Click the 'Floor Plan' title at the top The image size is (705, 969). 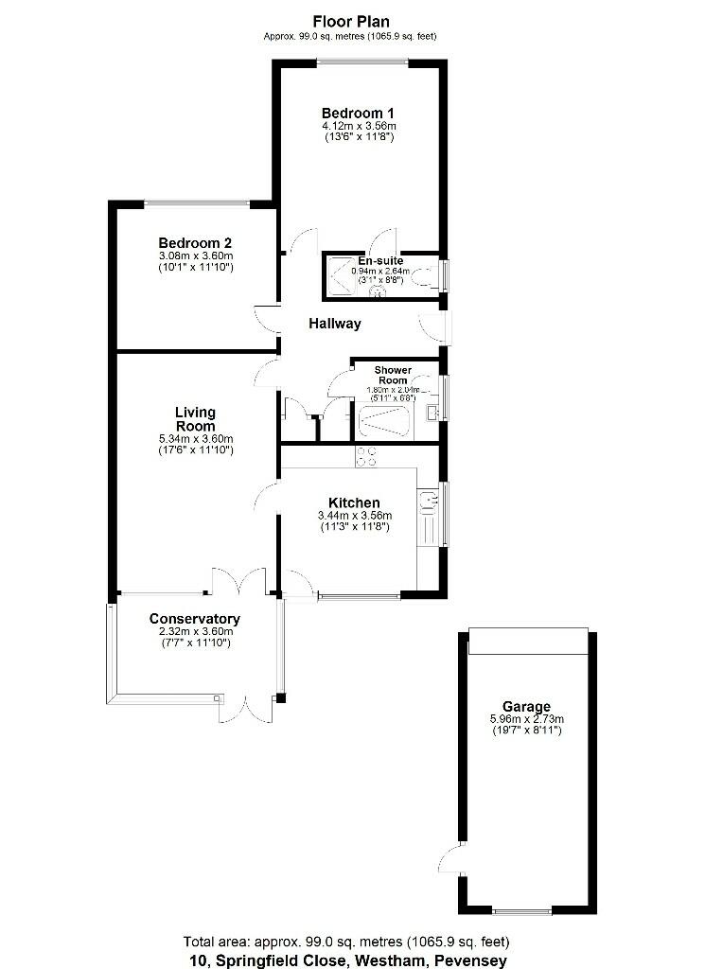[x=351, y=20]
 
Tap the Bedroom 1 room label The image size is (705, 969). [x=358, y=112]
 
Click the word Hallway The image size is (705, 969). [x=335, y=324]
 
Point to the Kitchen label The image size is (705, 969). [x=354, y=502]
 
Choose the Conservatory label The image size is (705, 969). [x=195, y=620]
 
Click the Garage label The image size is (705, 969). [x=527, y=706]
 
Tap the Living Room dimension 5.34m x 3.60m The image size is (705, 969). [x=195, y=438]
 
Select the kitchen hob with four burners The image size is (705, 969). [x=365, y=457]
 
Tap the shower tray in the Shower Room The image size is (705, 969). [x=383, y=421]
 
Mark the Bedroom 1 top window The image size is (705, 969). [x=362, y=63]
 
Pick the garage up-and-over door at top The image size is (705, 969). [x=528, y=643]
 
